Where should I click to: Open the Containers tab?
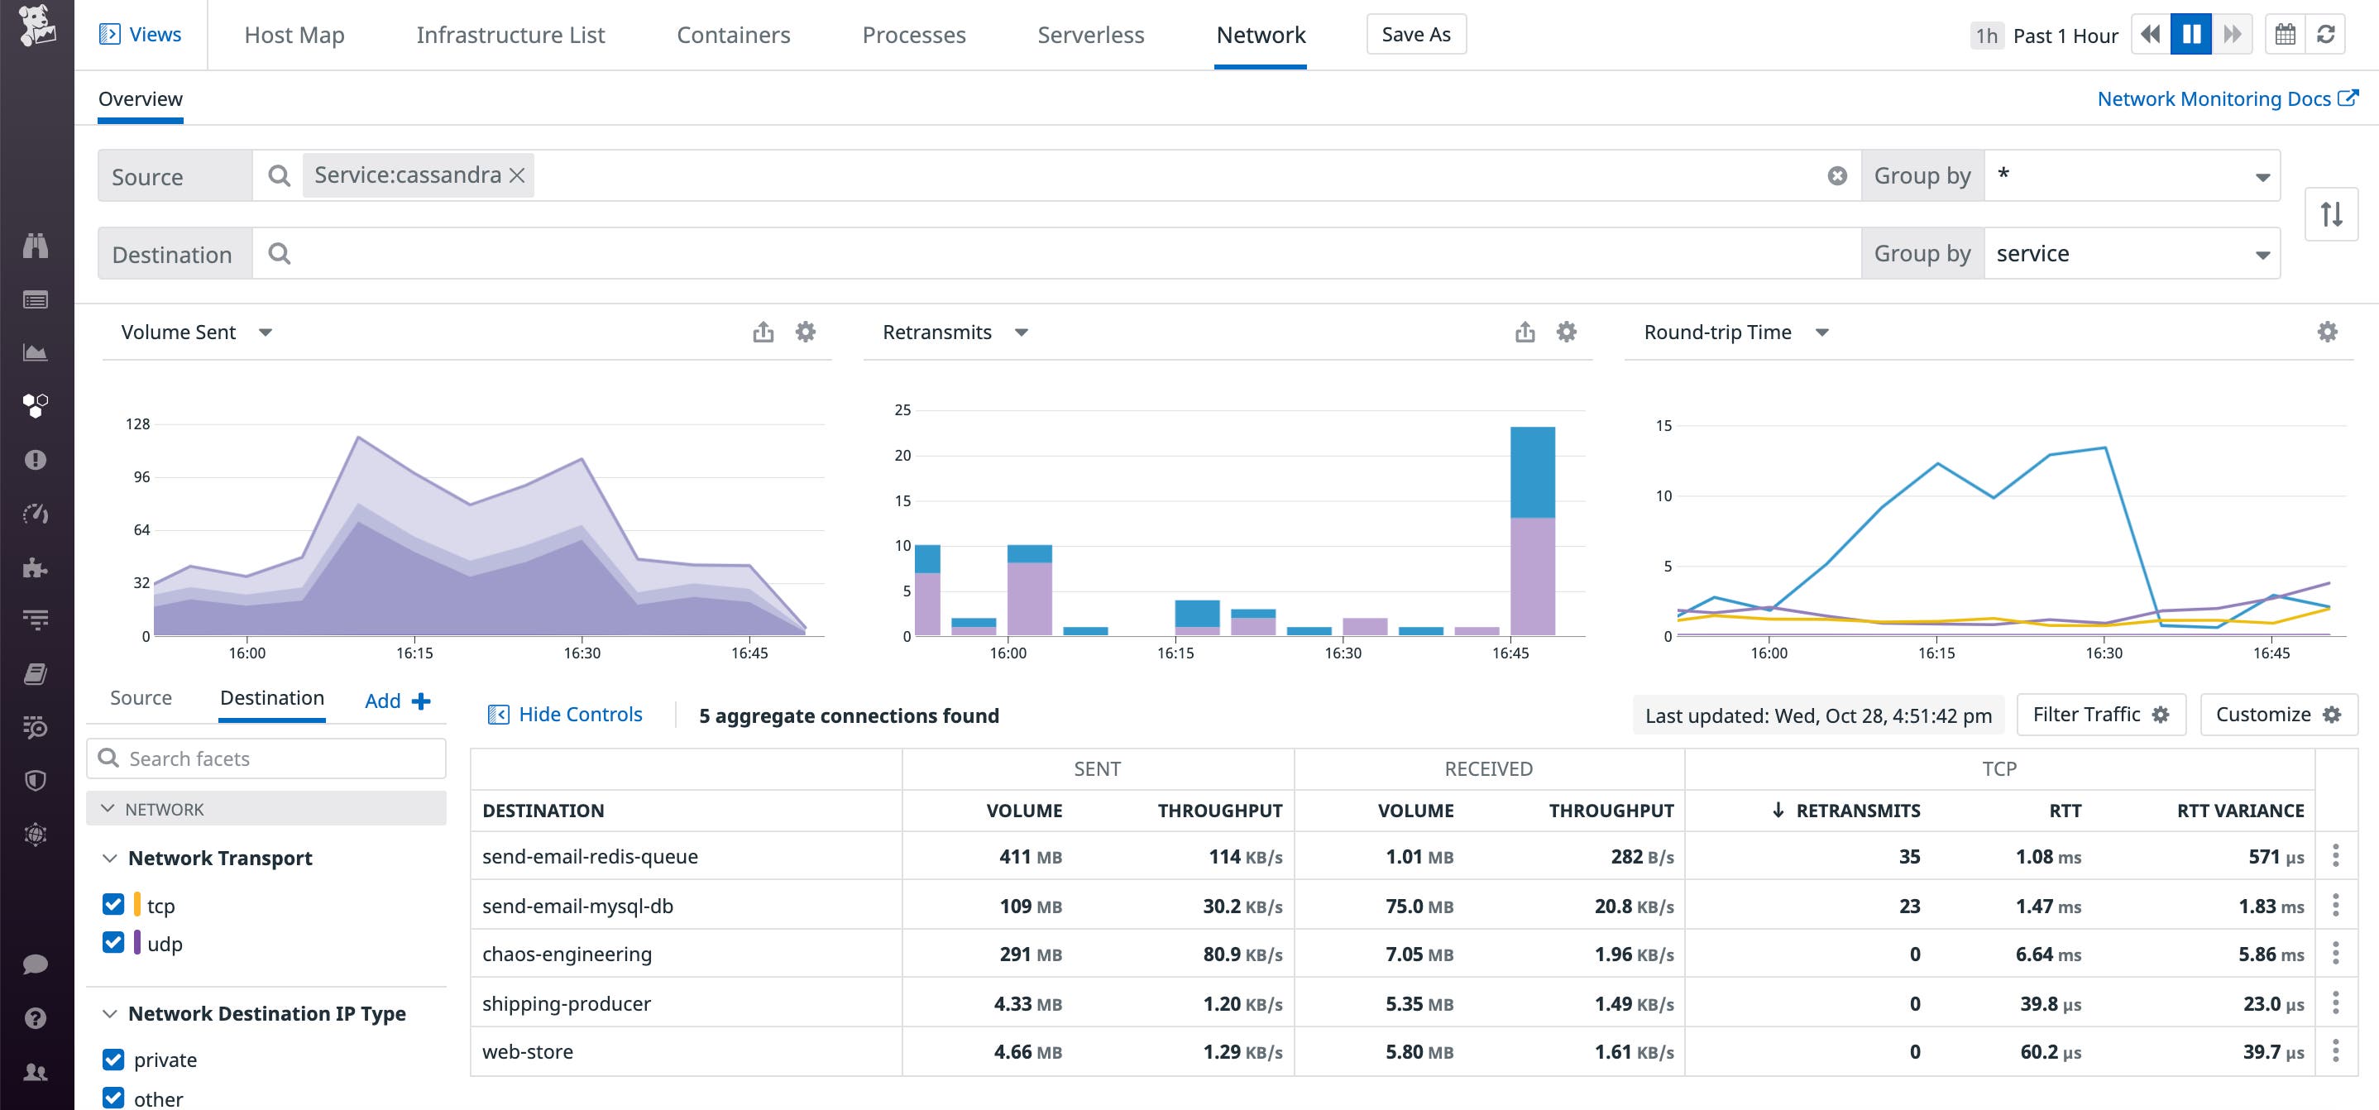733,35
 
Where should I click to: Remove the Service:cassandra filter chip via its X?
517,175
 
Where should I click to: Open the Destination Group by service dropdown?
2132,254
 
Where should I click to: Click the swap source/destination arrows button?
2331,214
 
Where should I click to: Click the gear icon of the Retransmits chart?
1567,332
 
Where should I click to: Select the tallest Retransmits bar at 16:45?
1532,531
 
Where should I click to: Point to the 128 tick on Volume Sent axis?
137,423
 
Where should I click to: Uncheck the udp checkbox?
113,942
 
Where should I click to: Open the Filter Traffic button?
2100,715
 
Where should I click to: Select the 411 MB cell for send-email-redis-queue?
1029,857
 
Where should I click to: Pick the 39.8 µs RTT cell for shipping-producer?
2049,1004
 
